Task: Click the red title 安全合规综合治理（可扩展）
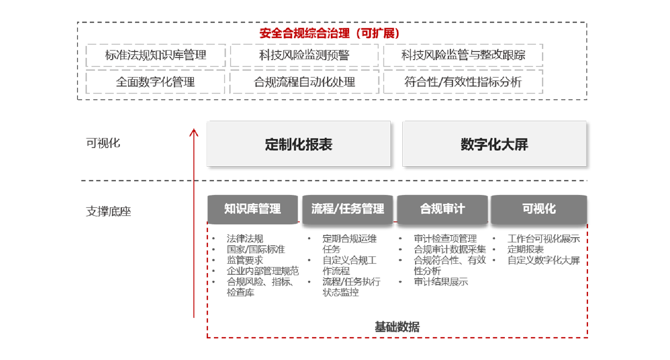329,33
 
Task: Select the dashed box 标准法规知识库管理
156,55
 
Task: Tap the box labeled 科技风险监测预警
304,55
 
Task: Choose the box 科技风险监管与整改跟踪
463,55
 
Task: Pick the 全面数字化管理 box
155,82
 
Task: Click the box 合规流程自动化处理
304,82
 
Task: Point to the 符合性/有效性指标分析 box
463,82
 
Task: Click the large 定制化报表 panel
299,144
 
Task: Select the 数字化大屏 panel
494,144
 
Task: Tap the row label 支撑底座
109,212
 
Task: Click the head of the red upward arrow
194,130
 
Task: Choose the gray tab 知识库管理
253,209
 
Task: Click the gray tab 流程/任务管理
347,209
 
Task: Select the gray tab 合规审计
442,209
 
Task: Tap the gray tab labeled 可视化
539,209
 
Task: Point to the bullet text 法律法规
245,239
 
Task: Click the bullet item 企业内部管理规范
263,271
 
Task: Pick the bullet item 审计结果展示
441,282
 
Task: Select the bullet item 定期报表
525,249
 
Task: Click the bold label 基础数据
397,327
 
